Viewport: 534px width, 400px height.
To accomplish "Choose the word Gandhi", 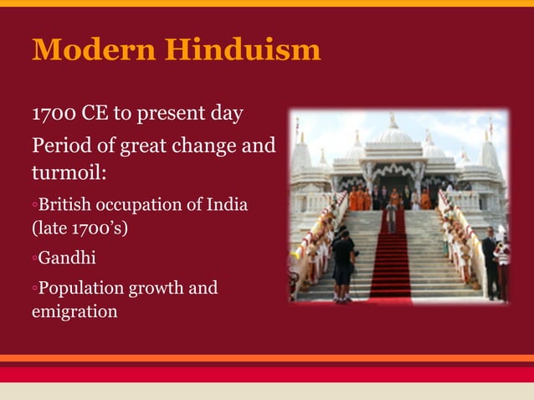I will point(67,258).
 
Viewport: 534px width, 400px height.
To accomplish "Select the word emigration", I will point(74,311).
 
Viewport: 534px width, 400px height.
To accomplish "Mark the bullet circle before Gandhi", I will point(34,259).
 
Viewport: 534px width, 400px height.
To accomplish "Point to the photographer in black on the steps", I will point(343,264).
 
